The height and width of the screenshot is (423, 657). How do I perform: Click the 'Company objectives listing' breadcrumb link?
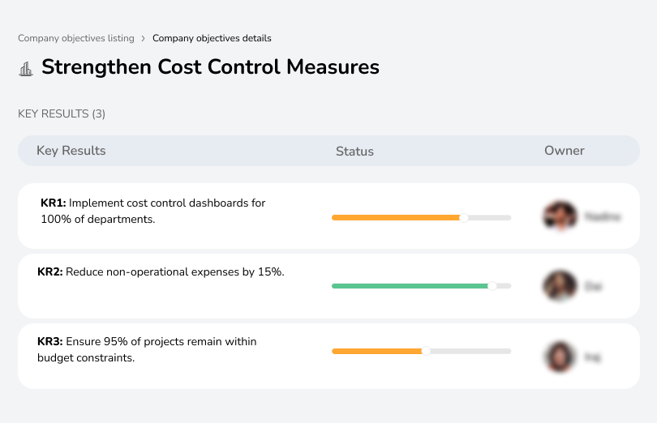(x=75, y=38)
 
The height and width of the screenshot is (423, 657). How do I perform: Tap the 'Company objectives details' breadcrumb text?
(x=212, y=38)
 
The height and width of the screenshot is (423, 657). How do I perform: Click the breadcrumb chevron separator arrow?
(x=143, y=38)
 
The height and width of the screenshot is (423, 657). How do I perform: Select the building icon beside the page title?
(x=26, y=68)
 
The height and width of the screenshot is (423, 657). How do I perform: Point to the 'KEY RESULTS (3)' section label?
(x=62, y=114)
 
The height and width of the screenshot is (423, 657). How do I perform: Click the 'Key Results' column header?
(x=71, y=151)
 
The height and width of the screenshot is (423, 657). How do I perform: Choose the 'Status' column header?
(x=354, y=152)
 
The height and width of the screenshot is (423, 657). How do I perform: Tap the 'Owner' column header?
(x=565, y=151)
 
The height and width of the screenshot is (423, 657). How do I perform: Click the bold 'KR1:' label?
(x=53, y=203)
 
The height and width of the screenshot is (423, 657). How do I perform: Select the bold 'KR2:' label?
(x=51, y=272)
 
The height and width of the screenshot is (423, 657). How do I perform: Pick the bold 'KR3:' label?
(x=51, y=342)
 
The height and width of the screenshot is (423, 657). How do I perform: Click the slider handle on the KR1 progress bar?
(x=464, y=217)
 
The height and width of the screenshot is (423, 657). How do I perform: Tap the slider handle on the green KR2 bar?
(x=492, y=286)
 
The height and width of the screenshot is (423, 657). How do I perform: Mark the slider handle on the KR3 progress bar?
(x=426, y=351)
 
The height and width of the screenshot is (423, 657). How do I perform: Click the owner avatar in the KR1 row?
(x=560, y=216)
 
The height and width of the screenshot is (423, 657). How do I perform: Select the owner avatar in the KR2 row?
(x=560, y=286)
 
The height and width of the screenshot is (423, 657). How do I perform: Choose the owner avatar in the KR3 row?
(x=560, y=357)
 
